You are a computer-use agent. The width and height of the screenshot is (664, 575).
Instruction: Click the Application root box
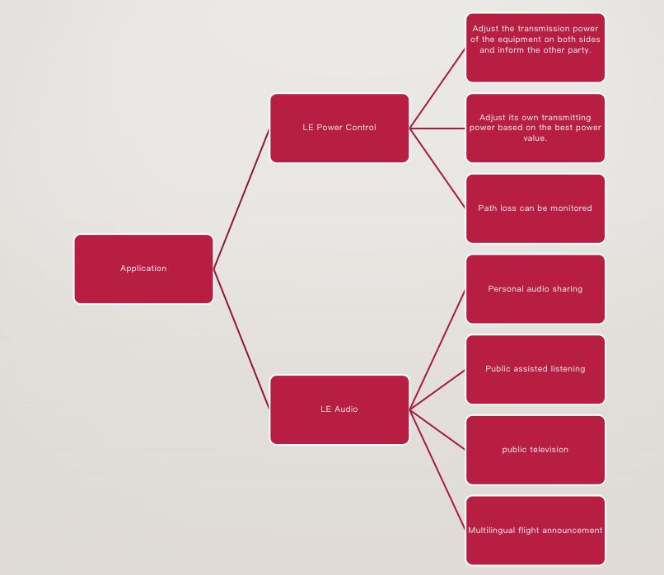143,269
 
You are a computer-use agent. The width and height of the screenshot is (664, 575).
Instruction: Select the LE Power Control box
339,128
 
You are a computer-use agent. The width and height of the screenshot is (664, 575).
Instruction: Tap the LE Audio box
339,409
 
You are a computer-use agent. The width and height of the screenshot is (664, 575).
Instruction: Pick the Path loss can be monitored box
535,208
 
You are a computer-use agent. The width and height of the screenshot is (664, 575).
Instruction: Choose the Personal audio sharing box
535,289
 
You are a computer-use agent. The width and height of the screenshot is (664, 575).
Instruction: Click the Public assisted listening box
535,369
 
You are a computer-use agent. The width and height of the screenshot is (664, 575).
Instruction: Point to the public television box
535,450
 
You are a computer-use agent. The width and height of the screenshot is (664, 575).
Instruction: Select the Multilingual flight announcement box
535,531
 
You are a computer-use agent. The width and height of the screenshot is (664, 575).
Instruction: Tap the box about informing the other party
535,48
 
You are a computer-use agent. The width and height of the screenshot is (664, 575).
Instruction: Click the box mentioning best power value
535,128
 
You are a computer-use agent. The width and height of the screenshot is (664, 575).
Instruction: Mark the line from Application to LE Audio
241,339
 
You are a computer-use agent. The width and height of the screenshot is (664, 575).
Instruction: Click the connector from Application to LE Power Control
241,199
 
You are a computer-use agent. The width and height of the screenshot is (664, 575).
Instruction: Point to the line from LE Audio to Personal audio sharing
437,350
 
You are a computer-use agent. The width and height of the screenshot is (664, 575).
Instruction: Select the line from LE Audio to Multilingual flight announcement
437,470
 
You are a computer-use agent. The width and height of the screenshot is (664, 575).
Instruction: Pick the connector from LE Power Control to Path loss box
437,168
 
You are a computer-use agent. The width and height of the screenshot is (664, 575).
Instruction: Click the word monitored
571,208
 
